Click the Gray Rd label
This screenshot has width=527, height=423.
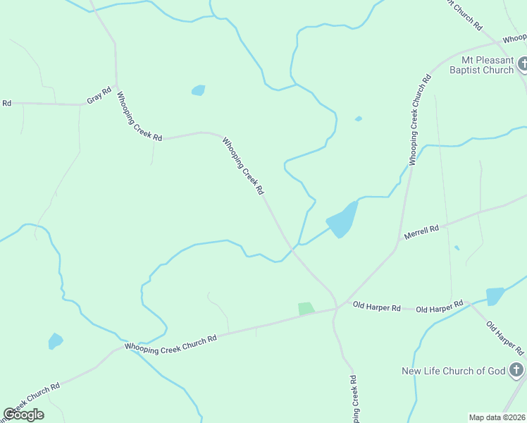pos(99,96)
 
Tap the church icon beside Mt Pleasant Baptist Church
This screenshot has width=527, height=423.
pos(522,65)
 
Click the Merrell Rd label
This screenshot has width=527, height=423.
pos(421,233)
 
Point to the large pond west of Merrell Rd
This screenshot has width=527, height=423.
pos(342,219)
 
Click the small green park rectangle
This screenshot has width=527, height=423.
pos(306,308)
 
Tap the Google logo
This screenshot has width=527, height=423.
pos(23,415)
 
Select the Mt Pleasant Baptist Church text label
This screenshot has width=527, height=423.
pos(488,65)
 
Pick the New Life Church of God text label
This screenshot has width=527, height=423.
pos(453,371)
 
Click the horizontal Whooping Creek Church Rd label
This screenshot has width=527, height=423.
pos(170,343)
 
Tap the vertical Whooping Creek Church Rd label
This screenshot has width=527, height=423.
pos(420,120)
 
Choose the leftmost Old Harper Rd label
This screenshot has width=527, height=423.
pos(377,307)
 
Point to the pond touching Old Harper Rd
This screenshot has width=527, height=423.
pos(495,296)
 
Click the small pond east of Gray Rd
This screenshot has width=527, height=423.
pos(199,90)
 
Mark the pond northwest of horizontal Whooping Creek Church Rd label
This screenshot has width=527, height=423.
pos(55,341)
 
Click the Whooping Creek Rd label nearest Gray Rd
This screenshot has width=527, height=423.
pos(139,116)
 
